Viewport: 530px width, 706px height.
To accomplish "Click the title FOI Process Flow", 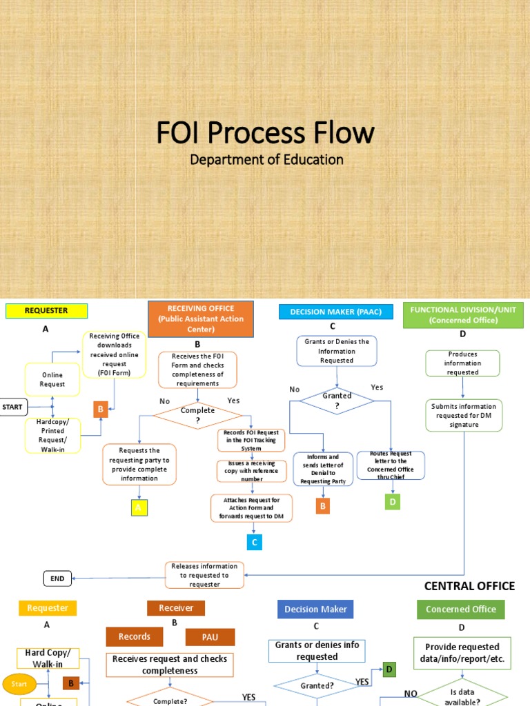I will tap(265, 132).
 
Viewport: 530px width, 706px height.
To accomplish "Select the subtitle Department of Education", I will tap(266, 159).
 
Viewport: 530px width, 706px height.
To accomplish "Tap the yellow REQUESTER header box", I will tap(46, 311).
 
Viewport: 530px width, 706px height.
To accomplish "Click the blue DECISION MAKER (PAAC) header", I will tap(335, 312).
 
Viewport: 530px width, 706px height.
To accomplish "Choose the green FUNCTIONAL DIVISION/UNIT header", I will tap(463, 315).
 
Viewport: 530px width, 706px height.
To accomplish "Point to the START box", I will tap(13, 407).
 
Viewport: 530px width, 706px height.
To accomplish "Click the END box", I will tap(57, 578).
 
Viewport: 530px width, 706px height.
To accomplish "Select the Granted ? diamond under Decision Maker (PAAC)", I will tap(337, 401).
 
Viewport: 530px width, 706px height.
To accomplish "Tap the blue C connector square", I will tap(255, 542).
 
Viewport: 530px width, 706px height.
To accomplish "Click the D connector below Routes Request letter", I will tap(392, 501).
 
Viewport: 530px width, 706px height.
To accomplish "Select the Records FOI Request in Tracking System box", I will tap(252, 441).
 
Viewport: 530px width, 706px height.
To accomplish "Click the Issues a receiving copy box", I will tap(252, 471).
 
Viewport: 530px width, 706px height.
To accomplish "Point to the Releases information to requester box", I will tap(204, 575).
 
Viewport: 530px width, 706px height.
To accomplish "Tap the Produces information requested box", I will tap(462, 363).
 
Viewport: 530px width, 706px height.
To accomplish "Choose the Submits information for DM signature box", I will tap(464, 416).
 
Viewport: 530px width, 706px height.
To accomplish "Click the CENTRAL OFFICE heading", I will tap(469, 586).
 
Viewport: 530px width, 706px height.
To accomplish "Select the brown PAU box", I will tap(210, 637).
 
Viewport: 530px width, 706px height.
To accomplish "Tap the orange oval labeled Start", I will tap(19, 684).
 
